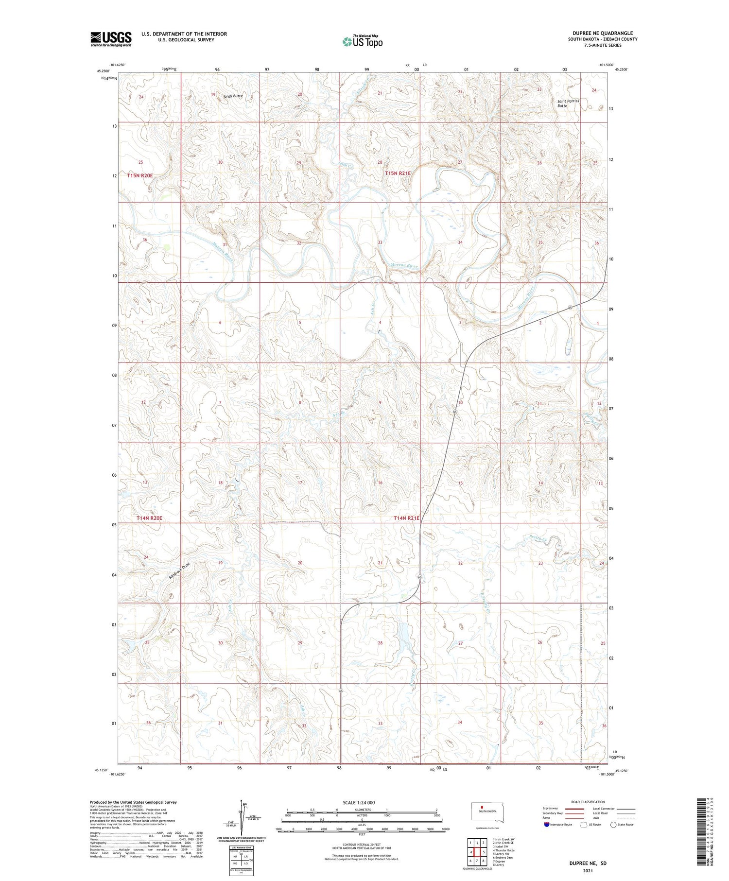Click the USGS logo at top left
pyautogui.click(x=111, y=39)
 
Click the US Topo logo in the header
pyautogui.click(x=362, y=42)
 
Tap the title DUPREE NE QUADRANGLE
pyautogui.click(x=602, y=33)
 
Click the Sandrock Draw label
pyautogui.click(x=178, y=570)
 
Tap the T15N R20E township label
pyautogui.click(x=140, y=175)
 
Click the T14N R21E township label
pyautogui.click(x=406, y=518)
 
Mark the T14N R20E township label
pyautogui.click(x=149, y=518)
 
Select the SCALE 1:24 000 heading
pyautogui.click(x=358, y=802)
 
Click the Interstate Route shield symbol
pyautogui.click(x=546, y=824)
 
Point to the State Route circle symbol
pyautogui.click(x=613, y=824)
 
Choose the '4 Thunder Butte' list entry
pyautogui.click(x=503, y=850)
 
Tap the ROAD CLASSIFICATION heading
pyautogui.click(x=588, y=802)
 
